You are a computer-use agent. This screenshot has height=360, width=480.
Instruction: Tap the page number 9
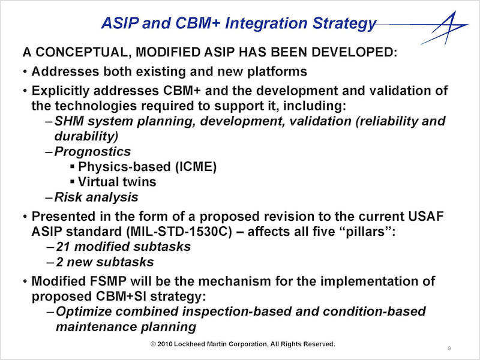[449, 348]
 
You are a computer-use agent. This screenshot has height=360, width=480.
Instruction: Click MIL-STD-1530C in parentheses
[179, 232]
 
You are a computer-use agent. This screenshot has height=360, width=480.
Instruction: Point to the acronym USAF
[426, 216]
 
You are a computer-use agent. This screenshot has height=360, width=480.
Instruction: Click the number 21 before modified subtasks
[63, 247]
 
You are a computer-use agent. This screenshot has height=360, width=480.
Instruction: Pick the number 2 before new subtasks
[59, 262]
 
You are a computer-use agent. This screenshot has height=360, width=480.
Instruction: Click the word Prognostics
[92, 152]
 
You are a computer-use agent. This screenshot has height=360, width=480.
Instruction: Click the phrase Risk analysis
[96, 197]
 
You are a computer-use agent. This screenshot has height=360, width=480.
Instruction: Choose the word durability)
[86, 136]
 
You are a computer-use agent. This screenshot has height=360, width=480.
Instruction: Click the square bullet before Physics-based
[72, 167]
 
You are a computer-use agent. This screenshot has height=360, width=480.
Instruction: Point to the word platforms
[277, 72]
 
